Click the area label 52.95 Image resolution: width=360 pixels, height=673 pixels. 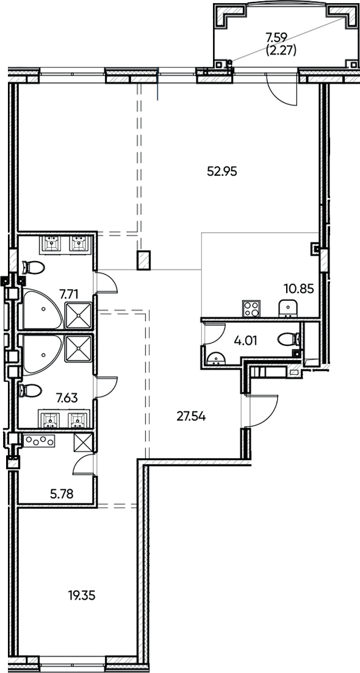pyautogui.click(x=221, y=171)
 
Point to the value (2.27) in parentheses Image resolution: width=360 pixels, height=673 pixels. pyautogui.click(x=282, y=51)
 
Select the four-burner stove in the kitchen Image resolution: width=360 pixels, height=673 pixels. pyautogui.click(x=251, y=309)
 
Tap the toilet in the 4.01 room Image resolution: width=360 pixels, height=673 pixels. pyautogui.click(x=287, y=338)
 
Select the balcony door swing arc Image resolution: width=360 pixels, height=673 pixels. pyautogui.click(x=282, y=92)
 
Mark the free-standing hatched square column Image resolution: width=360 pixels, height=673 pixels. pyautogui.click(x=144, y=260)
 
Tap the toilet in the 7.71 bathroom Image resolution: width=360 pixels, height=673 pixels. pyautogui.click(x=34, y=267)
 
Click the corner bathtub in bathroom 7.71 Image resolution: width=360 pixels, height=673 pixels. pyautogui.click(x=40, y=309)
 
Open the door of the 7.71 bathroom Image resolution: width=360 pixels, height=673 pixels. pyautogui.click(x=105, y=283)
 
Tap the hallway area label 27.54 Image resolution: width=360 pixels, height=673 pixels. pyautogui.click(x=190, y=417)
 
